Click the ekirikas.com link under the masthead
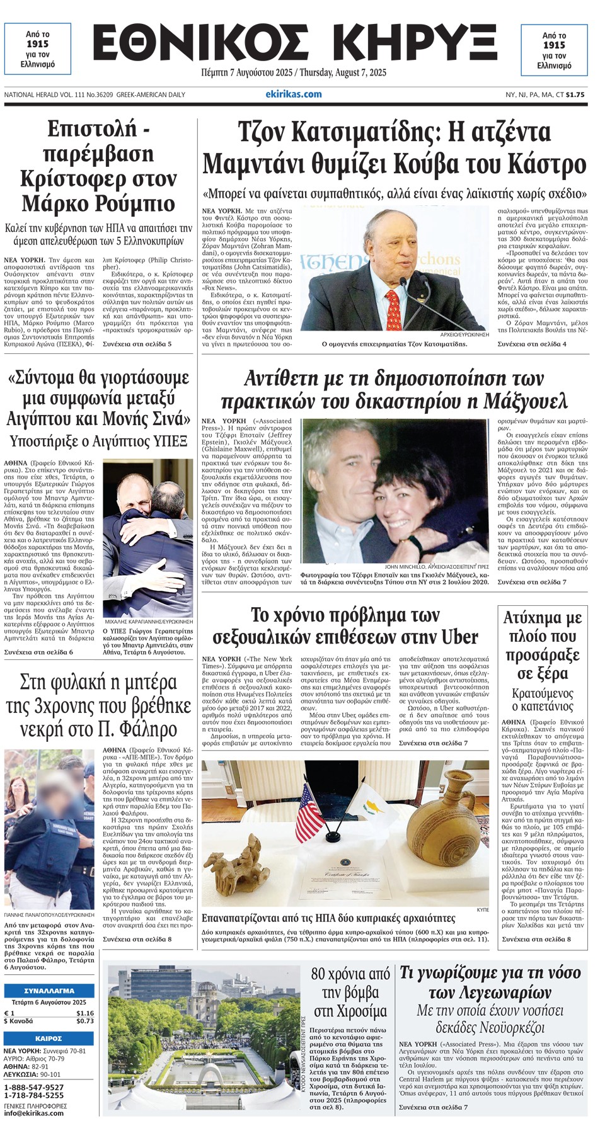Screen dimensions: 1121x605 click(x=293, y=94)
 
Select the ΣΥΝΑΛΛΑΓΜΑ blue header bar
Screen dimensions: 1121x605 click(x=49, y=990)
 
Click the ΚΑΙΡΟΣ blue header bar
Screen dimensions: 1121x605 click(x=49, y=1038)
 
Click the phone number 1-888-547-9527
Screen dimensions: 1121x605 click(x=34, y=1088)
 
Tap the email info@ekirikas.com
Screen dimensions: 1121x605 click(x=34, y=1113)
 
